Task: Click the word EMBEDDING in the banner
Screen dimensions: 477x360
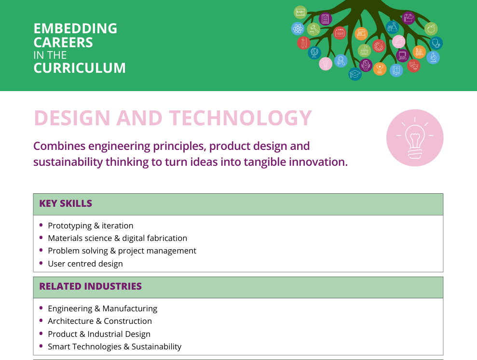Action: tap(75, 28)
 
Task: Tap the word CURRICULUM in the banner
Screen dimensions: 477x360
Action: tap(80, 68)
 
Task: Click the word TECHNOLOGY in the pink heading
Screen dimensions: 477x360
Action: tap(241, 118)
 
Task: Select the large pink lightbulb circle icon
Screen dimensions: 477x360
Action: tap(415, 138)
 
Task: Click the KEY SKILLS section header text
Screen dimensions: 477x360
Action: tap(66, 203)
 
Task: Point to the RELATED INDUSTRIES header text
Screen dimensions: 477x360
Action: tap(90, 286)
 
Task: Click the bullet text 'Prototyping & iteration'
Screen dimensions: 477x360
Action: tap(91, 226)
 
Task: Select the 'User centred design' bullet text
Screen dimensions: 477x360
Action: tap(85, 264)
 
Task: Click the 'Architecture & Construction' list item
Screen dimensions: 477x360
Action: tap(100, 321)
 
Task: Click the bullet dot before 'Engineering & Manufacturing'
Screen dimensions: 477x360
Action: tap(41, 308)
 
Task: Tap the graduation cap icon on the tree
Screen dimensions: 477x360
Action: tap(354, 74)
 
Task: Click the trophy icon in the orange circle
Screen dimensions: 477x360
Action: tap(380, 69)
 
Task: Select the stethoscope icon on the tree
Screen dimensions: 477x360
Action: tap(436, 43)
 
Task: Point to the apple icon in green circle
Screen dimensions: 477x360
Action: tap(431, 29)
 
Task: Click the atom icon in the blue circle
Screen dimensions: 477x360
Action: tap(298, 29)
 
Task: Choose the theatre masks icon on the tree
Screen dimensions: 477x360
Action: tap(413, 66)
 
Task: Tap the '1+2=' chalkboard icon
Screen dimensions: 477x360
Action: tap(300, 13)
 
